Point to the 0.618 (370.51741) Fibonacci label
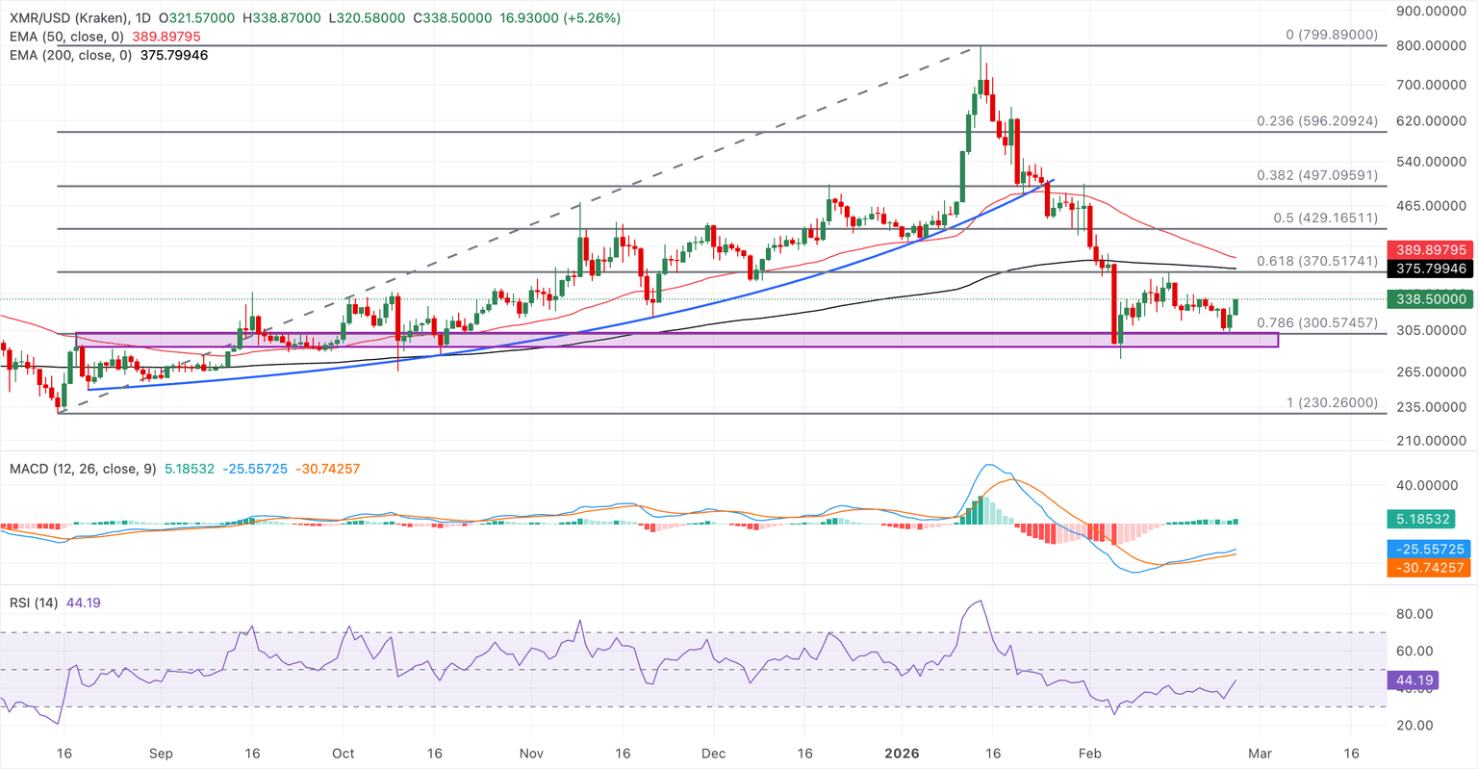1316,262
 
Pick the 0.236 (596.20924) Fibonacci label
1316,122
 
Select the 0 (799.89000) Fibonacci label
1331,35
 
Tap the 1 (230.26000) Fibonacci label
1332,403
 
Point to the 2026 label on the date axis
903,754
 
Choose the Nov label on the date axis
531,754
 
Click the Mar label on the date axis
1260,754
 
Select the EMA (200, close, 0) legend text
70,56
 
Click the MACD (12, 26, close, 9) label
83,469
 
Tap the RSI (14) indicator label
34,603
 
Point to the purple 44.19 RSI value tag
1412,680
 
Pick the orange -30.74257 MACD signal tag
1428,568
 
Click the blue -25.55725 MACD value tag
1428,550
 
